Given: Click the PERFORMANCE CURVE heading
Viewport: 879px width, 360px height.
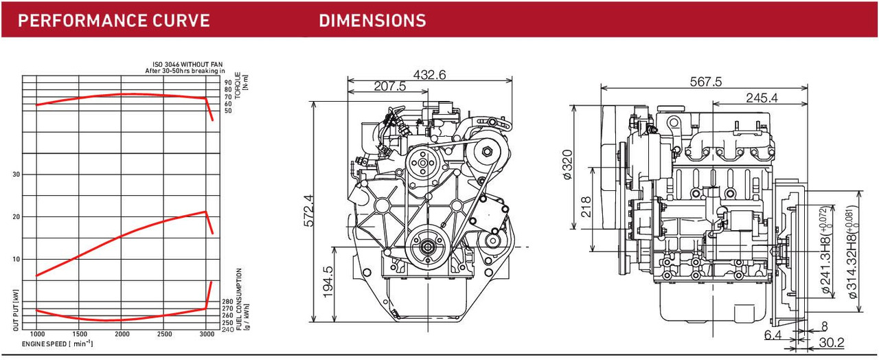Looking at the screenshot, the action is coord(114,21).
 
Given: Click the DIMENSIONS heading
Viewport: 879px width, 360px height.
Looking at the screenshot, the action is coord(372,21).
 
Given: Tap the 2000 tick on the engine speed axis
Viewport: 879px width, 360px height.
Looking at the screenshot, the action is coord(122,334).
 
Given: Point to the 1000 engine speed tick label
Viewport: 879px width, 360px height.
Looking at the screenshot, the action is coord(38,334).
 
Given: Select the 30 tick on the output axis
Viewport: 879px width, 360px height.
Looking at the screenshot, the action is coord(16,175).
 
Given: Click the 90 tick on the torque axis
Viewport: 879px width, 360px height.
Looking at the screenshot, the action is coord(228,83).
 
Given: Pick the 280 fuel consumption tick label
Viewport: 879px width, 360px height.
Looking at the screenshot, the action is coord(227,302).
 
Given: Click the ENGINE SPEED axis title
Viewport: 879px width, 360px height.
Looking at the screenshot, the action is coord(57,344).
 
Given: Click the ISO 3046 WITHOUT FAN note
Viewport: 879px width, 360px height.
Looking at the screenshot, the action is coord(187,65).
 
